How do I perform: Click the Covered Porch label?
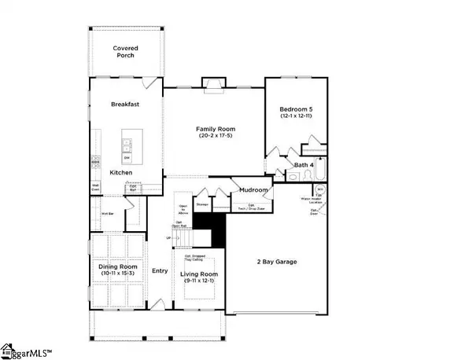pos(125,52)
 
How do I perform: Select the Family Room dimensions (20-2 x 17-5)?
pos(215,138)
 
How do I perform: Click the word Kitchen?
pos(120,172)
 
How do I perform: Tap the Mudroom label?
pos(254,189)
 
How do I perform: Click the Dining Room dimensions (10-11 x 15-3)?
pos(117,273)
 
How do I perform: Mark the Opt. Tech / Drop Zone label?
pos(252,207)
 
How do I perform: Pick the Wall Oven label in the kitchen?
pos(95,187)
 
